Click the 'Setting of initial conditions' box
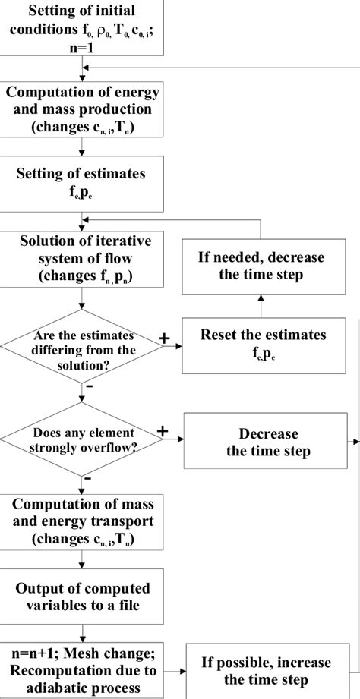coord(82,27)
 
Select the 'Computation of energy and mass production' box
coord(82,110)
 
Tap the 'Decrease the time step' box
coord(268,442)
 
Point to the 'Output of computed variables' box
coord(82,597)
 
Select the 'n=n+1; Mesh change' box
coord(82,670)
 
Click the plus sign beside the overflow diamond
coord(162,430)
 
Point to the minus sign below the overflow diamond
coord(89,479)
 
